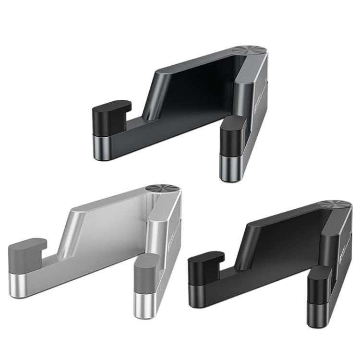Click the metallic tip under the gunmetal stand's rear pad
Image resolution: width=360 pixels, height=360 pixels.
102,143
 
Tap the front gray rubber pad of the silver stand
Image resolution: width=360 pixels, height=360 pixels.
146,274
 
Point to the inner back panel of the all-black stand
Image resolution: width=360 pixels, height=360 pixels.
283,235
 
